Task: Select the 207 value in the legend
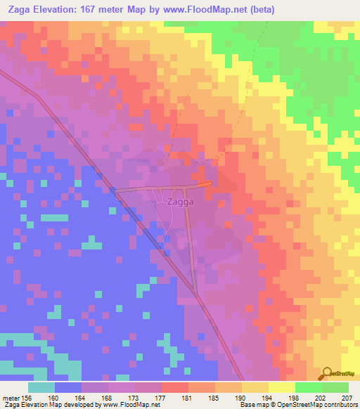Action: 344,397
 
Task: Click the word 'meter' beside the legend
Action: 11,397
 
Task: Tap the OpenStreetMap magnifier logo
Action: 327,372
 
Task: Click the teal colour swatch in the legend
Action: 41,387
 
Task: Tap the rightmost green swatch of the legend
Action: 335,387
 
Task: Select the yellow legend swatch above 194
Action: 255,387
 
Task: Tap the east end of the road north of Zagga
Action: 210,183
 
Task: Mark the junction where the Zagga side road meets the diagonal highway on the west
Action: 117,190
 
